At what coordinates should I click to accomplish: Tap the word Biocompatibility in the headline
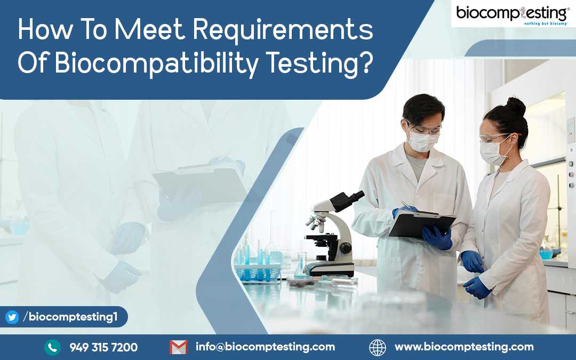[x=157, y=63]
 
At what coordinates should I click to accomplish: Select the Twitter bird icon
[x=12, y=317]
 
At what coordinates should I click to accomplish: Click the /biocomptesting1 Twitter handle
[x=70, y=317]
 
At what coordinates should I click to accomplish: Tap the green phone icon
[x=52, y=347]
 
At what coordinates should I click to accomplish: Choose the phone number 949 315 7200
[x=103, y=347]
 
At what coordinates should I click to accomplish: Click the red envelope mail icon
[x=179, y=347]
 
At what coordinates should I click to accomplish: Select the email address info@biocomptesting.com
[x=265, y=347]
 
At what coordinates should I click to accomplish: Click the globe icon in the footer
[x=378, y=347]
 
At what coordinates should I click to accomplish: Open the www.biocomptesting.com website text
[x=465, y=347]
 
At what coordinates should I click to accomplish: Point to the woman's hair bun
[x=516, y=107]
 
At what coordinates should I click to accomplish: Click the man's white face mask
[x=422, y=141]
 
